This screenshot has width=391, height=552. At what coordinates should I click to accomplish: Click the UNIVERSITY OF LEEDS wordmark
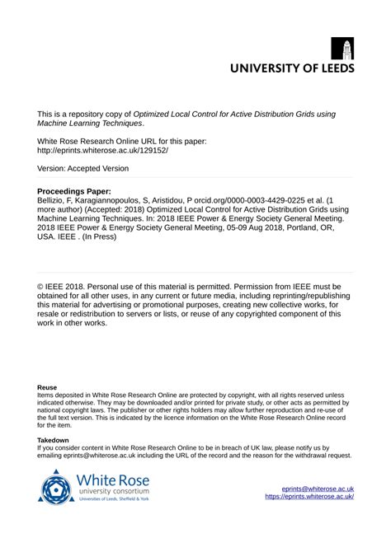[x=291, y=69]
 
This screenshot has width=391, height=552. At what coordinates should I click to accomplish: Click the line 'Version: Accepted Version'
[x=82, y=168]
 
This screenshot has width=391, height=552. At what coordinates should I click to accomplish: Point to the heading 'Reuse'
[x=47, y=386]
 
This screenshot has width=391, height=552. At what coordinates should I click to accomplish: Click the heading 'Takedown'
[x=53, y=441]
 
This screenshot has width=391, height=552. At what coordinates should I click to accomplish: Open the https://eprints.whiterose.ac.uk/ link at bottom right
[x=309, y=497]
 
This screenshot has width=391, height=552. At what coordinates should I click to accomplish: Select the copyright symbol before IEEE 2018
[x=41, y=287]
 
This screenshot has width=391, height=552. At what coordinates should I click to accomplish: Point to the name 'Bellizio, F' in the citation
[x=59, y=200]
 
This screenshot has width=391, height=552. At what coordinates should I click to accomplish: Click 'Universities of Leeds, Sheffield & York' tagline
[x=113, y=499]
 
